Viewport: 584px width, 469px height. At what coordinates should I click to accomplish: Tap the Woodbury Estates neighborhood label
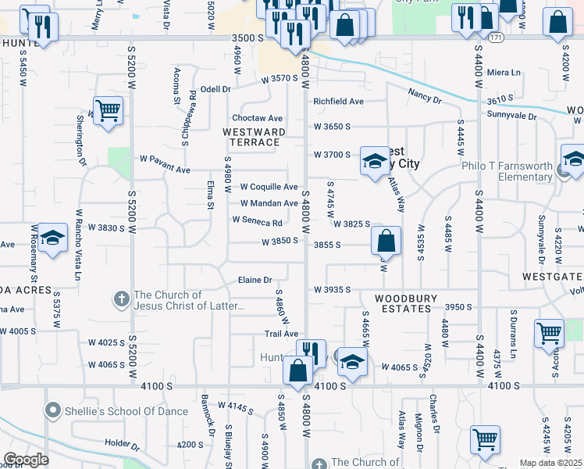[x=402, y=303]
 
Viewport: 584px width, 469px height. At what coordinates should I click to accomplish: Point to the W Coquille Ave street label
[x=269, y=187]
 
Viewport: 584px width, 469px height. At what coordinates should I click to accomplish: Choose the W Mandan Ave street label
[x=269, y=203]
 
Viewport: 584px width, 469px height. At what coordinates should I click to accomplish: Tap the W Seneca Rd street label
[x=256, y=220]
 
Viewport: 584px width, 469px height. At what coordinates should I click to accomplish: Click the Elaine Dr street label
[x=255, y=280]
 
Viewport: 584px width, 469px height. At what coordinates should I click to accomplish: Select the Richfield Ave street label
[x=339, y=102]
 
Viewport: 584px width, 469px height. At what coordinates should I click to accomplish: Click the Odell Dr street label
[x=215, y=89]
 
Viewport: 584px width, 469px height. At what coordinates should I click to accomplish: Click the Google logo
[x=26, y=460]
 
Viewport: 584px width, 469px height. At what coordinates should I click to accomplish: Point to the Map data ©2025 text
[x=550, y=463]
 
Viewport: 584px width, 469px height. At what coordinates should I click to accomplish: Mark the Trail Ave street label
[x=281, y=334]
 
